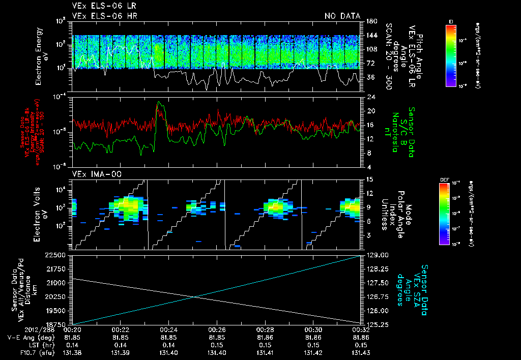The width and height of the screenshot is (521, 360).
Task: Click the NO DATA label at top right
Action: point(342,16)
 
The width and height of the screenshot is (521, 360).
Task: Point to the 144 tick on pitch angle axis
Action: point(370,36)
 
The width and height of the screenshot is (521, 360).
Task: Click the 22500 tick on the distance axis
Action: point(57,255)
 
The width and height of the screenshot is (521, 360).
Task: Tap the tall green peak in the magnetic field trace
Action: point(160,103)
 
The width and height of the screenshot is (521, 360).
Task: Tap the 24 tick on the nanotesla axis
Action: point(370,97)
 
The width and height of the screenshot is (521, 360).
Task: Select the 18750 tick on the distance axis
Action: point(57,324)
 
